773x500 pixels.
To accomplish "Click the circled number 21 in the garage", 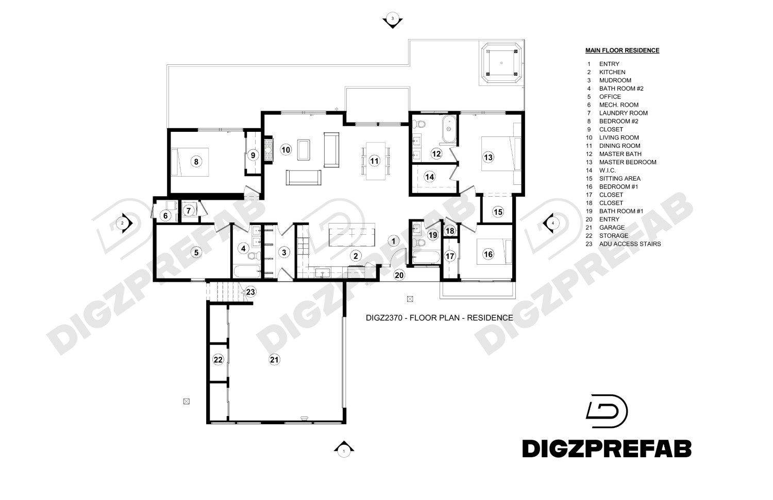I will pos(274,360).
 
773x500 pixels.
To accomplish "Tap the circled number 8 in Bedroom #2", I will pos(195,162).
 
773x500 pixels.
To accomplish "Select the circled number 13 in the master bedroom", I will pos(488,157).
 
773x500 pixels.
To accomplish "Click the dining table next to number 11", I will pos(375,161).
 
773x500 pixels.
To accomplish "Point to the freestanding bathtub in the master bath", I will pos(448,129).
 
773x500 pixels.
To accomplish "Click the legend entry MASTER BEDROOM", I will pos(628,162).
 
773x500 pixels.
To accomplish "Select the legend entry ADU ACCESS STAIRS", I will pos(630,244).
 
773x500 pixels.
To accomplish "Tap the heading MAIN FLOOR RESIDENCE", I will pos(622,50).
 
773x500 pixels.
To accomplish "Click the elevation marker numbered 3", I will pos(393,20).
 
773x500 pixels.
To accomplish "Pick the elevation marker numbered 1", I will pos(343,451).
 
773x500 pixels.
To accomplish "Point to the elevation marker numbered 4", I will pos(551,223).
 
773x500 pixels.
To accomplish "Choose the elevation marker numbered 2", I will pos(124,223).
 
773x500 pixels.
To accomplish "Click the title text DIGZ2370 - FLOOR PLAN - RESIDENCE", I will pos(439,318).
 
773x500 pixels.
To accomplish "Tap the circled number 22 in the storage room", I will pos(218,360).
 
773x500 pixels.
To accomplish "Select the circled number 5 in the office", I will pos(196,252).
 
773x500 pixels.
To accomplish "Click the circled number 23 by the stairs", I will pos(250,292).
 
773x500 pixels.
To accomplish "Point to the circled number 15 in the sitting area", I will pos(497,211).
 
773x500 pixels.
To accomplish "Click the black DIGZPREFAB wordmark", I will pos(607,448).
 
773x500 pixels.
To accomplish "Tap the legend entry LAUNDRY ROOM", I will pos(623,113).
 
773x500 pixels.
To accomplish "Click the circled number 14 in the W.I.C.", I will pos(430,177).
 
